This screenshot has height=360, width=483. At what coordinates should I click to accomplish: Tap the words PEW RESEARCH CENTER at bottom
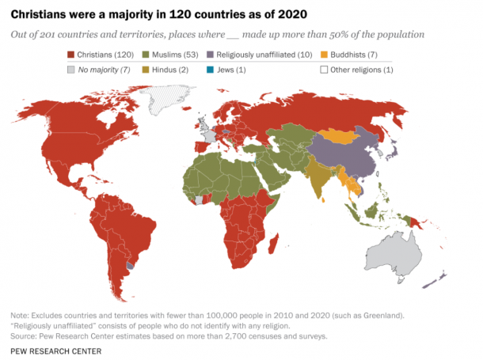[x=56, y=349]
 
